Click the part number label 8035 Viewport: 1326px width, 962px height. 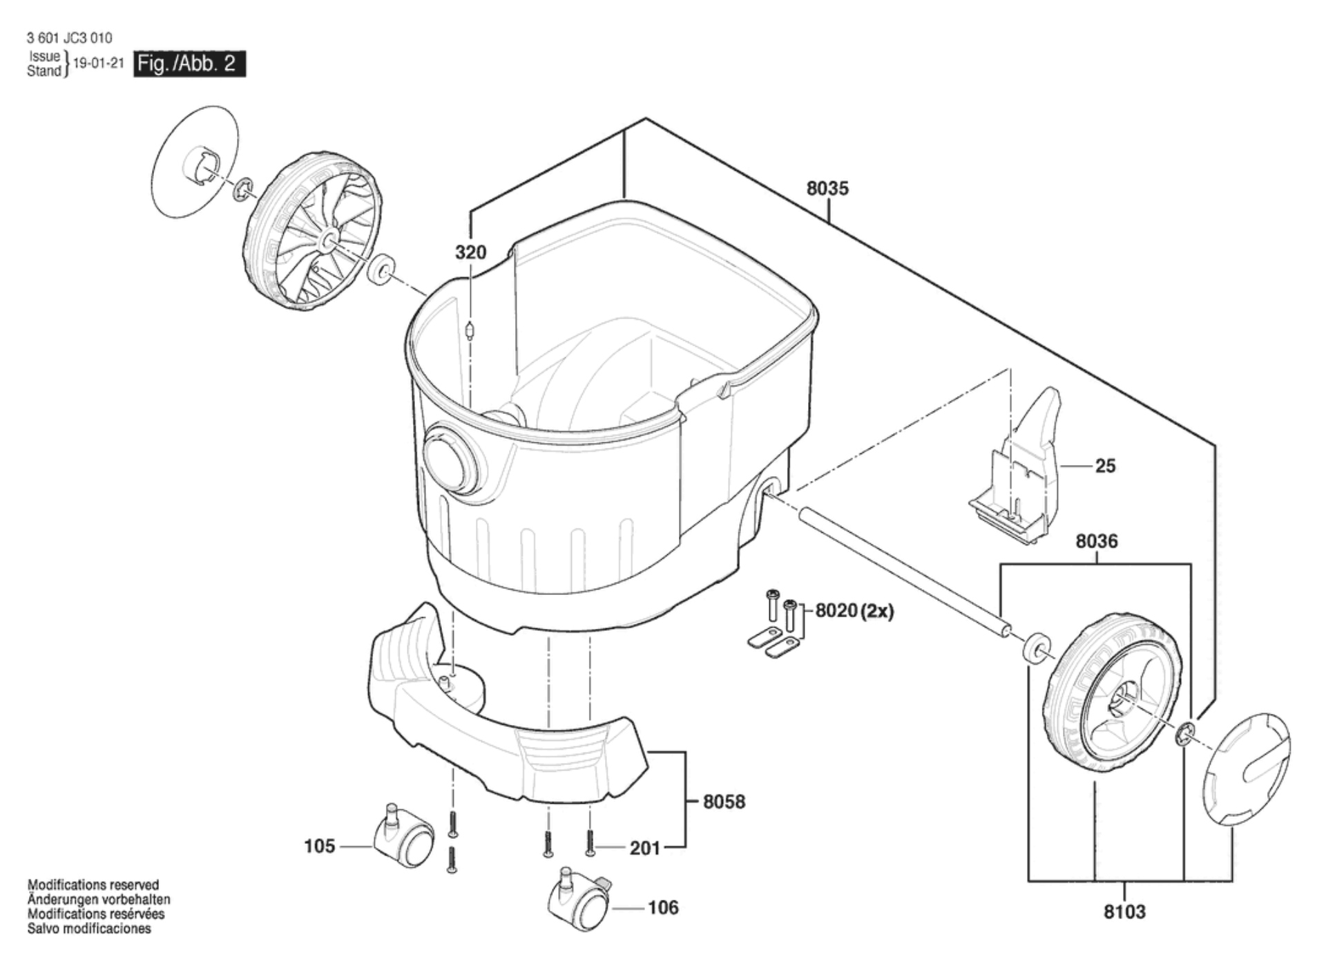[827, 189]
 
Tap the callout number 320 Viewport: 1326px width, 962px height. [470, 253]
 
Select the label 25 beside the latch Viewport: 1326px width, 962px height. [1105, 466]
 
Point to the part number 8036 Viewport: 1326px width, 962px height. [1096, 541]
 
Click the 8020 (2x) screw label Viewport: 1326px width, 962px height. [854, 611]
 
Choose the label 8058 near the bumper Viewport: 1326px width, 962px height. [724, 802]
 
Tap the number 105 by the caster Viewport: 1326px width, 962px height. [319, 846]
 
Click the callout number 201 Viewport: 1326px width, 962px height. [645, 848]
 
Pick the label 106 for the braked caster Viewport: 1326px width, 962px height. [663, 907]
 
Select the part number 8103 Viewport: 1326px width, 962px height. [1124, 912]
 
